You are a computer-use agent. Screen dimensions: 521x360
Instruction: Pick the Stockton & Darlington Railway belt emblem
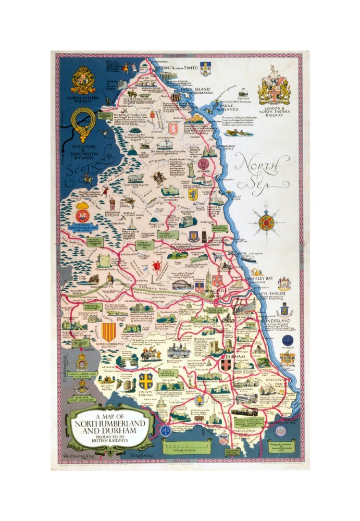tap(83, 125)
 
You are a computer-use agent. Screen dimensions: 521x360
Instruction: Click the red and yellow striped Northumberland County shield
tap(108, 331)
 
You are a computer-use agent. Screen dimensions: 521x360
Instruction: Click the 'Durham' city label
tap(226, 357)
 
